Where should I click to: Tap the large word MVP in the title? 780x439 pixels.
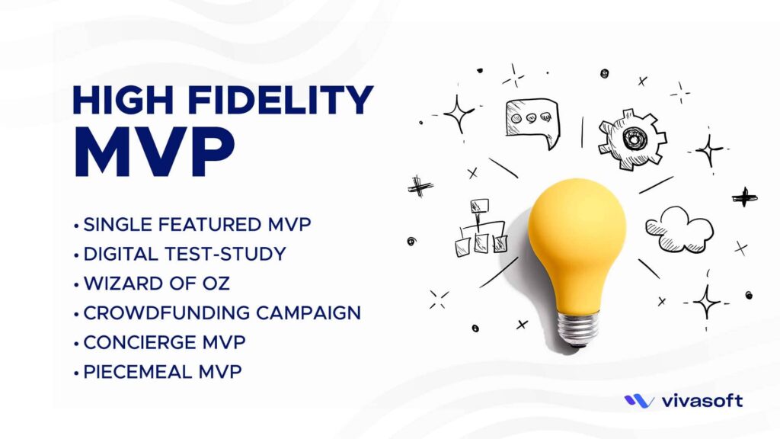[x=153, y=152]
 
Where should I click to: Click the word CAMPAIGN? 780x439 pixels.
[x=308, y=312]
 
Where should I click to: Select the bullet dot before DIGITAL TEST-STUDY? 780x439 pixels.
[x=76, y=255]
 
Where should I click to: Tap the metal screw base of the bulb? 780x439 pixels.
[x=577, y=329]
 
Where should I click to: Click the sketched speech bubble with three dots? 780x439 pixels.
[x=532, y=122]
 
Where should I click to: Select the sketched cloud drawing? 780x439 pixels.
[x=679, y=230]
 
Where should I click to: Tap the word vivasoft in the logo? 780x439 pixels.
[x=702, y=401]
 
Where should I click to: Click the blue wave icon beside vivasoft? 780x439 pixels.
[x=639, y=401]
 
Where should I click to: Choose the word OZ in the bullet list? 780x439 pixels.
[x=216, y=284]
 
